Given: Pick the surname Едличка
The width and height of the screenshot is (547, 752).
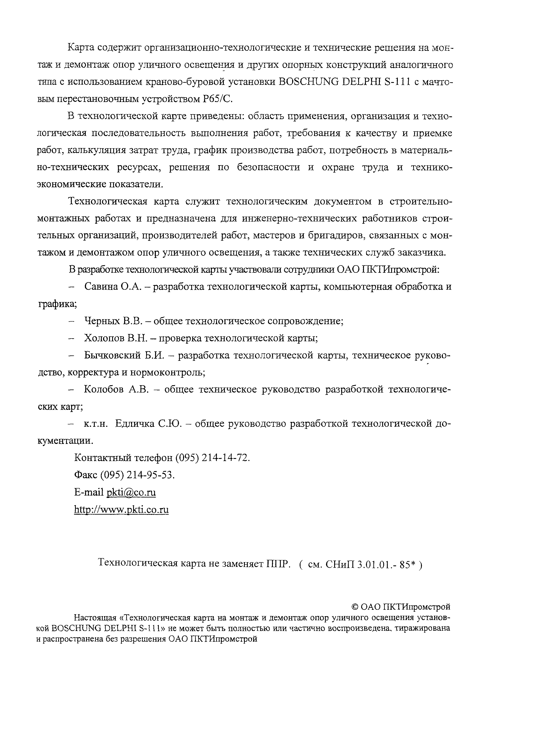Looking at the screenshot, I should tap(135, 424).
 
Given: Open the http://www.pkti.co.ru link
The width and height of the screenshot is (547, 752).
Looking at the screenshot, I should tap(121, 510).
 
